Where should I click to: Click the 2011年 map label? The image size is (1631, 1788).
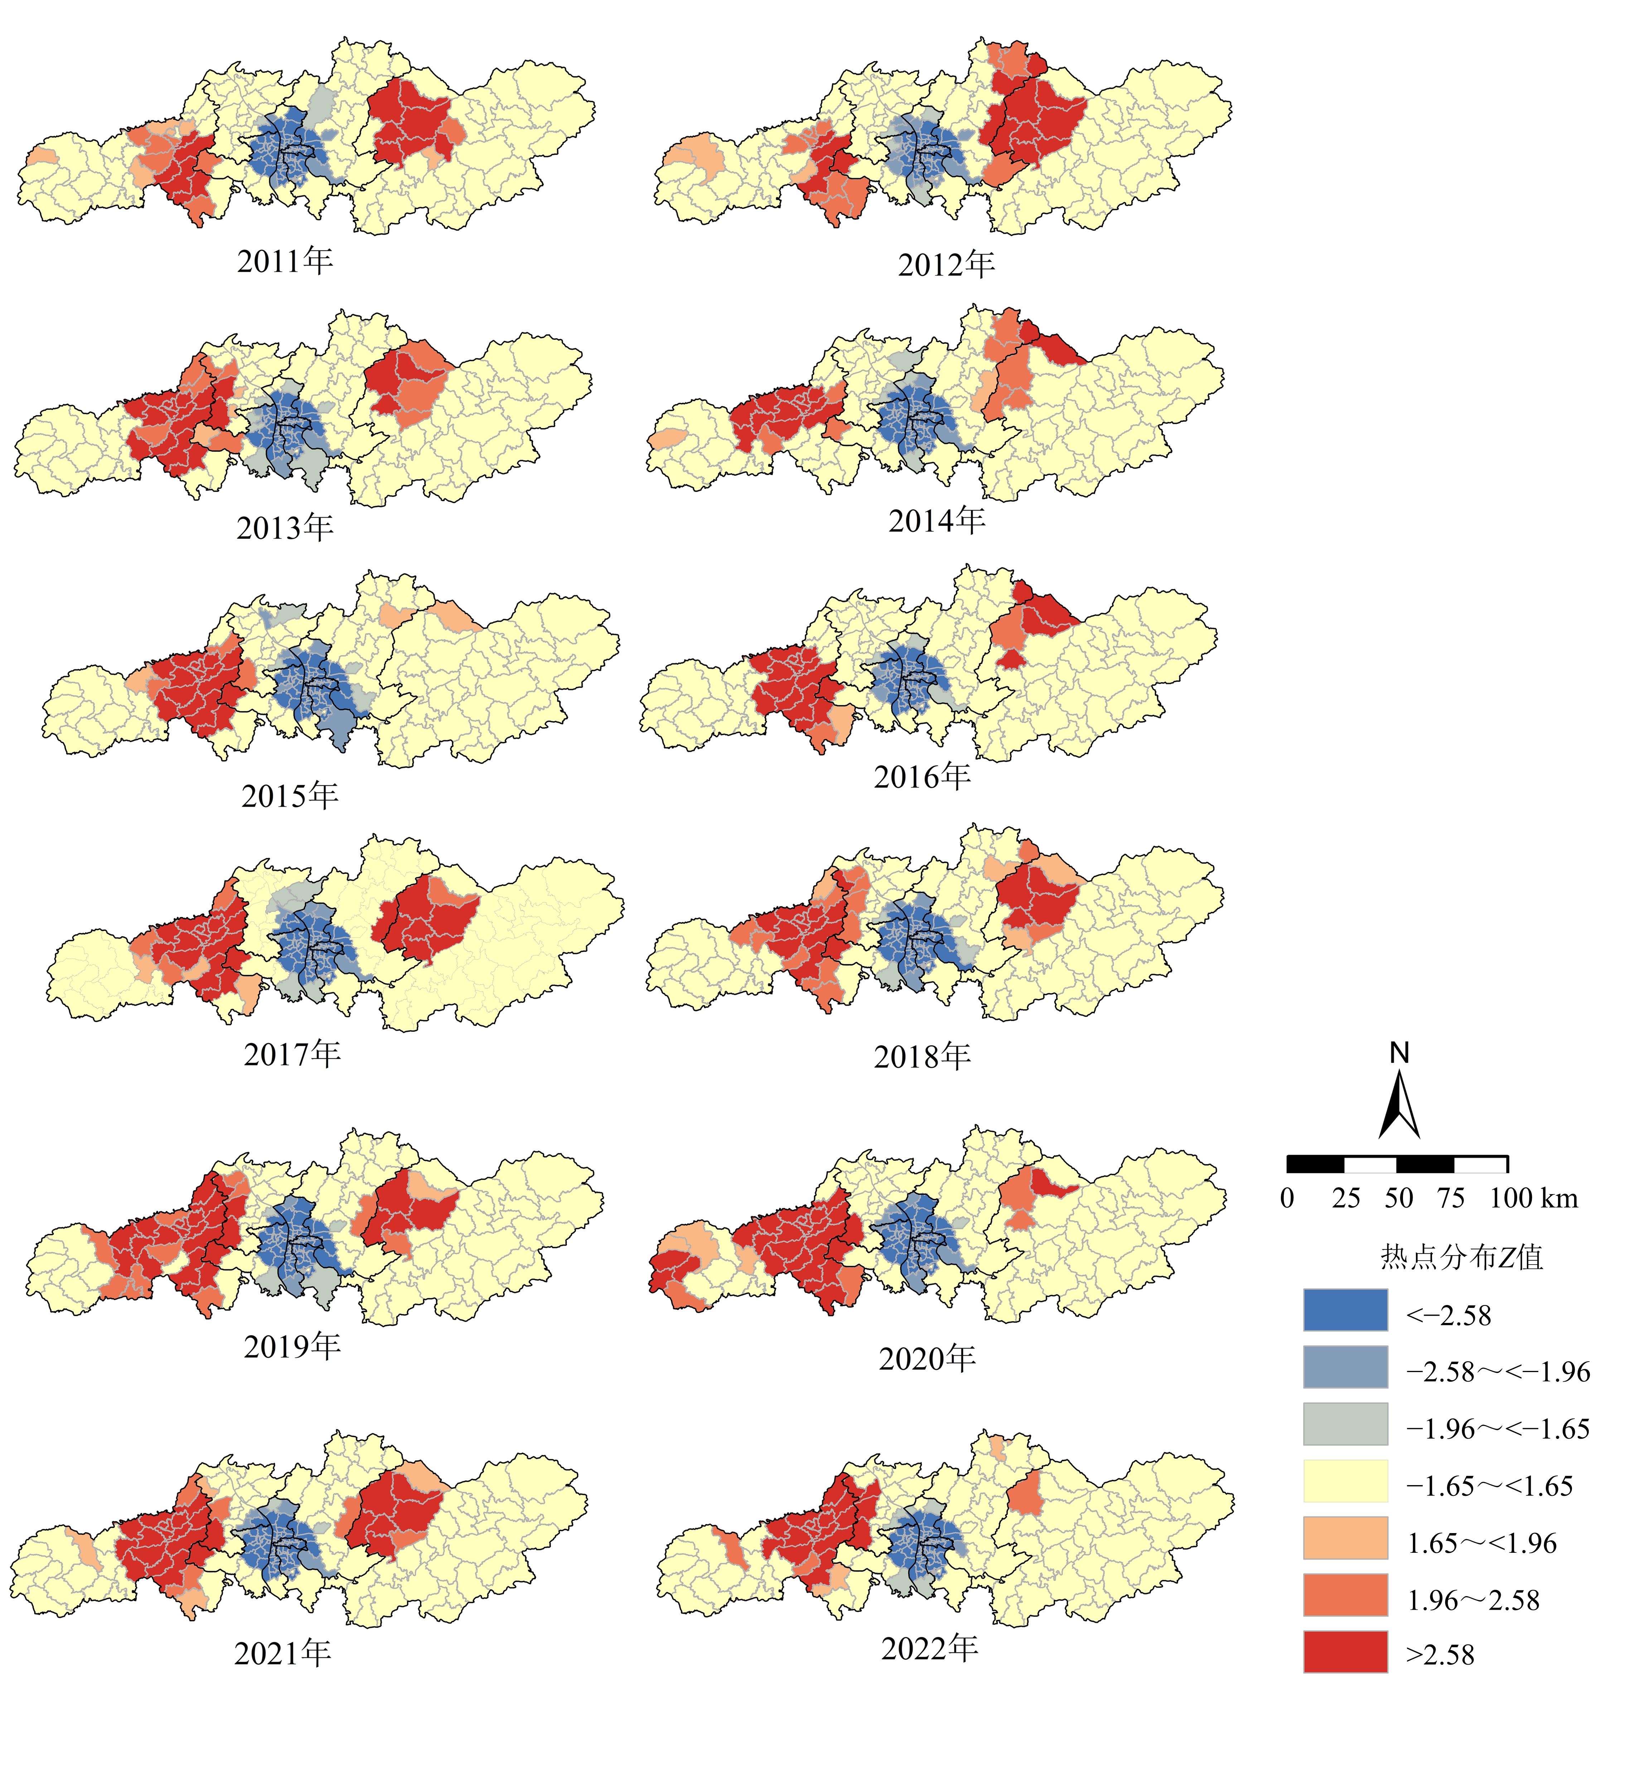(x=285, y=261)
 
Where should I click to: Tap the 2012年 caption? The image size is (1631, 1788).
(x=946, y=264)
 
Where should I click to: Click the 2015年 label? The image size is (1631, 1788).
(x=290, y=796)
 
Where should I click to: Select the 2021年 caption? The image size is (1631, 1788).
(x=282, y=1653)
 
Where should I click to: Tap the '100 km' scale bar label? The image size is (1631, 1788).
(x=1533, y=1198)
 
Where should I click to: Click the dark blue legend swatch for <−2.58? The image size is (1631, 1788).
(x=1345, y=1310)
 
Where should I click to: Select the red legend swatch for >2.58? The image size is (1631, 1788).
(x=1345, y=1652)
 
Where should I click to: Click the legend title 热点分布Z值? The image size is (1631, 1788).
(x=1462, y=1257)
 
